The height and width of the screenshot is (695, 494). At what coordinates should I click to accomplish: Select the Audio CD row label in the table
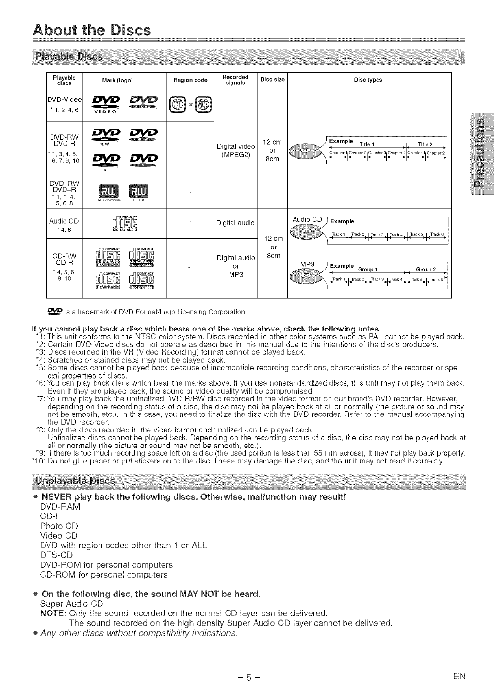tap(64, 221)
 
